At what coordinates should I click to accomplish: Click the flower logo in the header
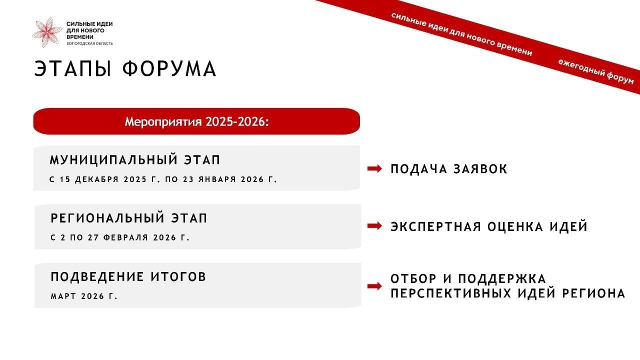point(47,32)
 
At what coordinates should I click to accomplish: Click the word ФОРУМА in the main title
point(169,69)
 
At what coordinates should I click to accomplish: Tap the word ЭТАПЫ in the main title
point(72,69)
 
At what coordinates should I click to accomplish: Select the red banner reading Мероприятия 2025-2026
point(196,121)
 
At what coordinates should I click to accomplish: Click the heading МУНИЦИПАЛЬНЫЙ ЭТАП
point(135,159)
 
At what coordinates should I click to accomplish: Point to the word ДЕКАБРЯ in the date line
point(96,179)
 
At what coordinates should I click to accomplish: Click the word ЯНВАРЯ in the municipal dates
point(217,179)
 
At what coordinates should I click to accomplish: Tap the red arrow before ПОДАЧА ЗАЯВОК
point(374,168)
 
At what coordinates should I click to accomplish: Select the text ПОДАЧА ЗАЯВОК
point(448,169)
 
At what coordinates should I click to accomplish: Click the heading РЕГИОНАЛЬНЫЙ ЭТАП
point(129,218)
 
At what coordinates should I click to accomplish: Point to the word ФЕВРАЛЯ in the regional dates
point(125,237)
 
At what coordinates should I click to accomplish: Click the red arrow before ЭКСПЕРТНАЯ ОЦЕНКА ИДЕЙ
point(374,226)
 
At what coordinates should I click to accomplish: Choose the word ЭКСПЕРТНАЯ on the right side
point(435,226)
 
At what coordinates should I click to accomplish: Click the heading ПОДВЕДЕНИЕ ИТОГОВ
point(128,277)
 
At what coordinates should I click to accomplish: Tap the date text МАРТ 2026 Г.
point(84,296)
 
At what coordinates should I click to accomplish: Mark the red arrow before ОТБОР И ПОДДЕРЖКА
point(374,286)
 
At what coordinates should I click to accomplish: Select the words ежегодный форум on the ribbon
point(595,71)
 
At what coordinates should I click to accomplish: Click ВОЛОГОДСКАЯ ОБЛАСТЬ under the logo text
point(89,43)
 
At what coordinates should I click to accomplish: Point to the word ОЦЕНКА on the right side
point(515,226)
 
